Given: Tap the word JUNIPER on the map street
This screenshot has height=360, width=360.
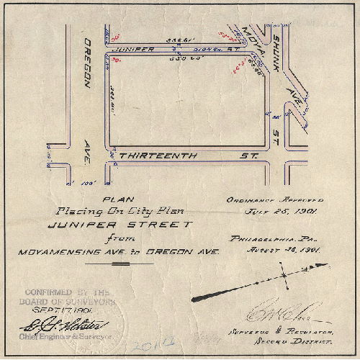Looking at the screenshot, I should point(135,50).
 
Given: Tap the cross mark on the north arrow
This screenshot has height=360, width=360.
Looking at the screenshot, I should point(285,274).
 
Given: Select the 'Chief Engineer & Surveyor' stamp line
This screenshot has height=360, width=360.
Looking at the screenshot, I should point(60,336).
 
